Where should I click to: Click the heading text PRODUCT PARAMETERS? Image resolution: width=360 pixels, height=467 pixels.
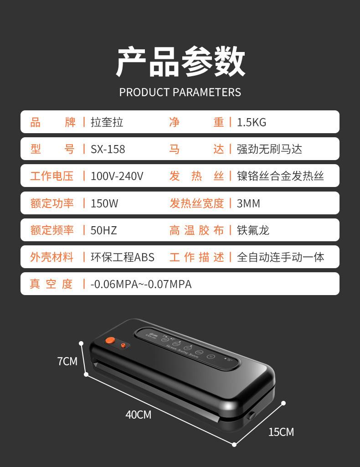tap(180, 92)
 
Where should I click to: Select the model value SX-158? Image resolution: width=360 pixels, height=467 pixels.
tap(108, 149)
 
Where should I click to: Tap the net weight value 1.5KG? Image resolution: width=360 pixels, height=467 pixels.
tap(251, 122)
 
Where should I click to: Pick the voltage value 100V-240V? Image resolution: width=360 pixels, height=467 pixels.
tap(117, 176)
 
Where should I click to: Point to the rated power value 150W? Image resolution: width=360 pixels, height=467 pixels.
tap(104, 203)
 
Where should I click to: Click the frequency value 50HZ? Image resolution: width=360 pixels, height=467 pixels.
tap(103, 230)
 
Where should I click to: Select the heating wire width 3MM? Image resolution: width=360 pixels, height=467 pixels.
tap(248, 203)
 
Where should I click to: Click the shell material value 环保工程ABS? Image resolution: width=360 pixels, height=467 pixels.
tap(122, 257)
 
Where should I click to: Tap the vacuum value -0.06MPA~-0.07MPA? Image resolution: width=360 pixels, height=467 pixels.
tap(141, 284)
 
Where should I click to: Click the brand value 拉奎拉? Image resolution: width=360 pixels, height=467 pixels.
tap(107, 122)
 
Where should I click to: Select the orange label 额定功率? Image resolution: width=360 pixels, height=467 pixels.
tap(52, 203)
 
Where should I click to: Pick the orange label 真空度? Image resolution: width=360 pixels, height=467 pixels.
tap(51, 284)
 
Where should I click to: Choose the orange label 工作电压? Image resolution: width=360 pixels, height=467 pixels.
tap(52, 176)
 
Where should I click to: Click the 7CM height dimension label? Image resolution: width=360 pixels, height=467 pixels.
tap(67, 362)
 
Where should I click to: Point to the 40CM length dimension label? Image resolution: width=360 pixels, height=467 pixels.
tap(138, 415)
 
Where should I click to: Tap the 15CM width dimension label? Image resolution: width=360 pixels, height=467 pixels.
tap(281, 432)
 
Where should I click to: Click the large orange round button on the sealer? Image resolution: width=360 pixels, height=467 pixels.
tap(109, 340)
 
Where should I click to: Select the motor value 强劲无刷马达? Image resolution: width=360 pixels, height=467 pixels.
tap(269, 149)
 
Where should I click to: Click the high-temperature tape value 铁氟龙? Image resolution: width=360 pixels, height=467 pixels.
tap(253, 230)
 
